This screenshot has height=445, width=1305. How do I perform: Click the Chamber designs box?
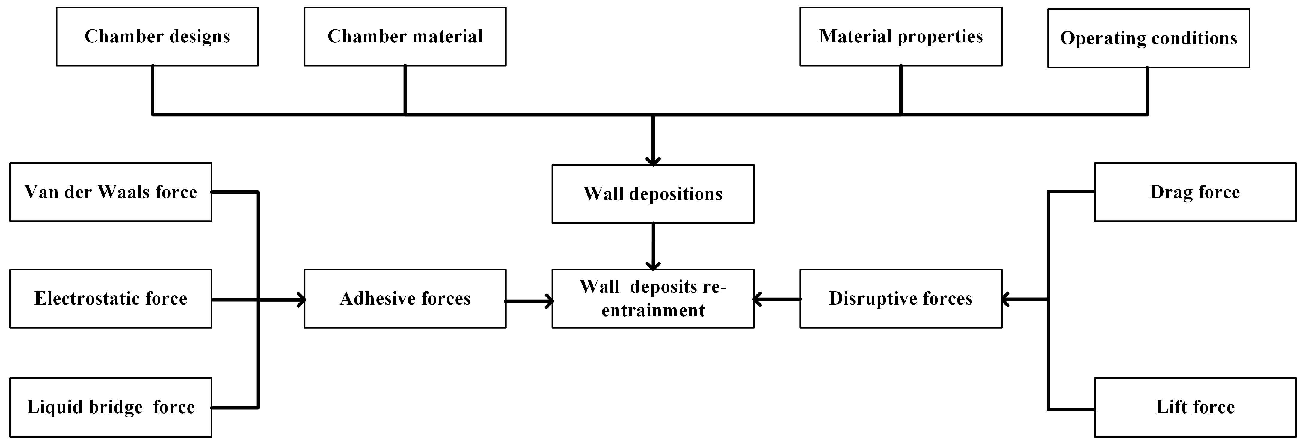pos(157,37)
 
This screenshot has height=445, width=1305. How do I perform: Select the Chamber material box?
pos(405,37)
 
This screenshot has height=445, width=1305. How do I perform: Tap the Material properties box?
pos(901,37)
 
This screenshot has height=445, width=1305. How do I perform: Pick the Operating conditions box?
pos(1149,38)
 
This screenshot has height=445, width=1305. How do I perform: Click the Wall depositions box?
pos(653,194)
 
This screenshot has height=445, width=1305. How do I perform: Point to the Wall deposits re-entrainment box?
pos(653,299)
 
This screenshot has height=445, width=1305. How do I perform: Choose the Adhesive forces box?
pos(405,299)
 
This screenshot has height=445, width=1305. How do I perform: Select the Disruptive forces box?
pos(901,299)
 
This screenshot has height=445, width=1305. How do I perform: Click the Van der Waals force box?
pos(111,192)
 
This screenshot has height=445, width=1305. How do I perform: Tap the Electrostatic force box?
pos(111,299)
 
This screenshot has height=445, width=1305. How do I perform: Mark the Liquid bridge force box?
pos(111,407)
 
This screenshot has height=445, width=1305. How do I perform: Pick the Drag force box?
pos(1195,192)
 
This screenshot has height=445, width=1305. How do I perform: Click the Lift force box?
pos(1195,407)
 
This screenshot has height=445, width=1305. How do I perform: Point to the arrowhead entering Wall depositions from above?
pos(653,161)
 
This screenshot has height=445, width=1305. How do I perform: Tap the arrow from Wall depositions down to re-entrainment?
pos(653,246)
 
